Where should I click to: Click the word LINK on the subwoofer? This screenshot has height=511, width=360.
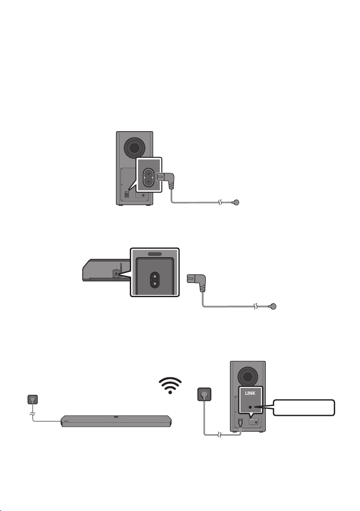click(250, 393)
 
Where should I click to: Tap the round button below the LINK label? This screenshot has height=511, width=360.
click(250, 407)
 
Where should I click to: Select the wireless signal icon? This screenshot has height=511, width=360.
click(170, 385)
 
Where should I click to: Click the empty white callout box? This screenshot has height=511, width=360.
click(303, 407)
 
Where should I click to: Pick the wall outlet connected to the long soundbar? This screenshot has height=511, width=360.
click(33, 399)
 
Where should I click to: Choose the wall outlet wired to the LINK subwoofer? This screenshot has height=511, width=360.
click(204, 394)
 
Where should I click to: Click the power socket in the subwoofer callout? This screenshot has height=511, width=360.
click(149, 177)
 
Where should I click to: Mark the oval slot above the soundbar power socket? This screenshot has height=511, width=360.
click(155, 254)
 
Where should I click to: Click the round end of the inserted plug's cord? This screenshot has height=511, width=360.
click(236, 202)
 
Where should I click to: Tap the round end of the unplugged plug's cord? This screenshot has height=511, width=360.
click(273, 307)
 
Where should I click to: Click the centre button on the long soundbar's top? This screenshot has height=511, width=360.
click(116, 417)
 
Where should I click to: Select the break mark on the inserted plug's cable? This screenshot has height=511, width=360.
click(221, 202)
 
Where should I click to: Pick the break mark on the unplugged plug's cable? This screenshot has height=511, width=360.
click(256, 307)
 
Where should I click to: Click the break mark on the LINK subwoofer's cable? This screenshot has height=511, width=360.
click(219, 435)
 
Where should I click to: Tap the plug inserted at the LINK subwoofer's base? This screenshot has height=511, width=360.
click(240, 422)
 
